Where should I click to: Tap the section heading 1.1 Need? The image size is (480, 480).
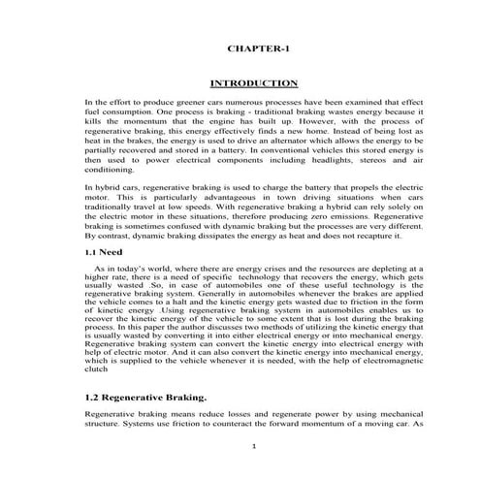[x=104, y=250]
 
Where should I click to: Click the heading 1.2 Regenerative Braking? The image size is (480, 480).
[x=146, y=399]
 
